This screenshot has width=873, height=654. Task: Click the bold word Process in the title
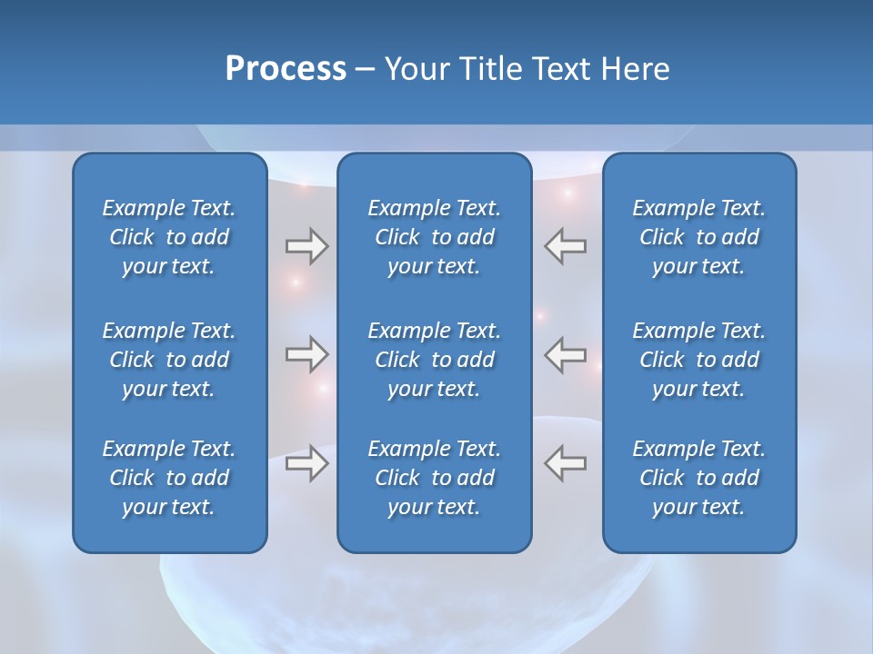tap(286, 69)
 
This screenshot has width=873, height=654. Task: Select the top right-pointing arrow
tap(306, 245)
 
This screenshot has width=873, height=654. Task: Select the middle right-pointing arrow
tap(306, 354)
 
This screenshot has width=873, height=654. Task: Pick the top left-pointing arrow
tap(565, 245)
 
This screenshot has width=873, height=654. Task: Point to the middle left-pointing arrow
tap(565, 354)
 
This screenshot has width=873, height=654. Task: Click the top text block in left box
tap(169, 237)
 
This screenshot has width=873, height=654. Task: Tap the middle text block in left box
tap(169, 360)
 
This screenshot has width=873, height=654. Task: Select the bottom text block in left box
tap(169, 478)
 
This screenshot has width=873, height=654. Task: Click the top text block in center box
tap(434, 237)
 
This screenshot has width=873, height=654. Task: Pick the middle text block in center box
tap(434, 360)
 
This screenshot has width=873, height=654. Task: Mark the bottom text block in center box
tap(434, 478)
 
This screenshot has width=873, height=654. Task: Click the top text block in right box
tap(698, 237)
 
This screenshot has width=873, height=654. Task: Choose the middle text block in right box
tap(698, 360)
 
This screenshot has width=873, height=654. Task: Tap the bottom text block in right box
tap(698, 478)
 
